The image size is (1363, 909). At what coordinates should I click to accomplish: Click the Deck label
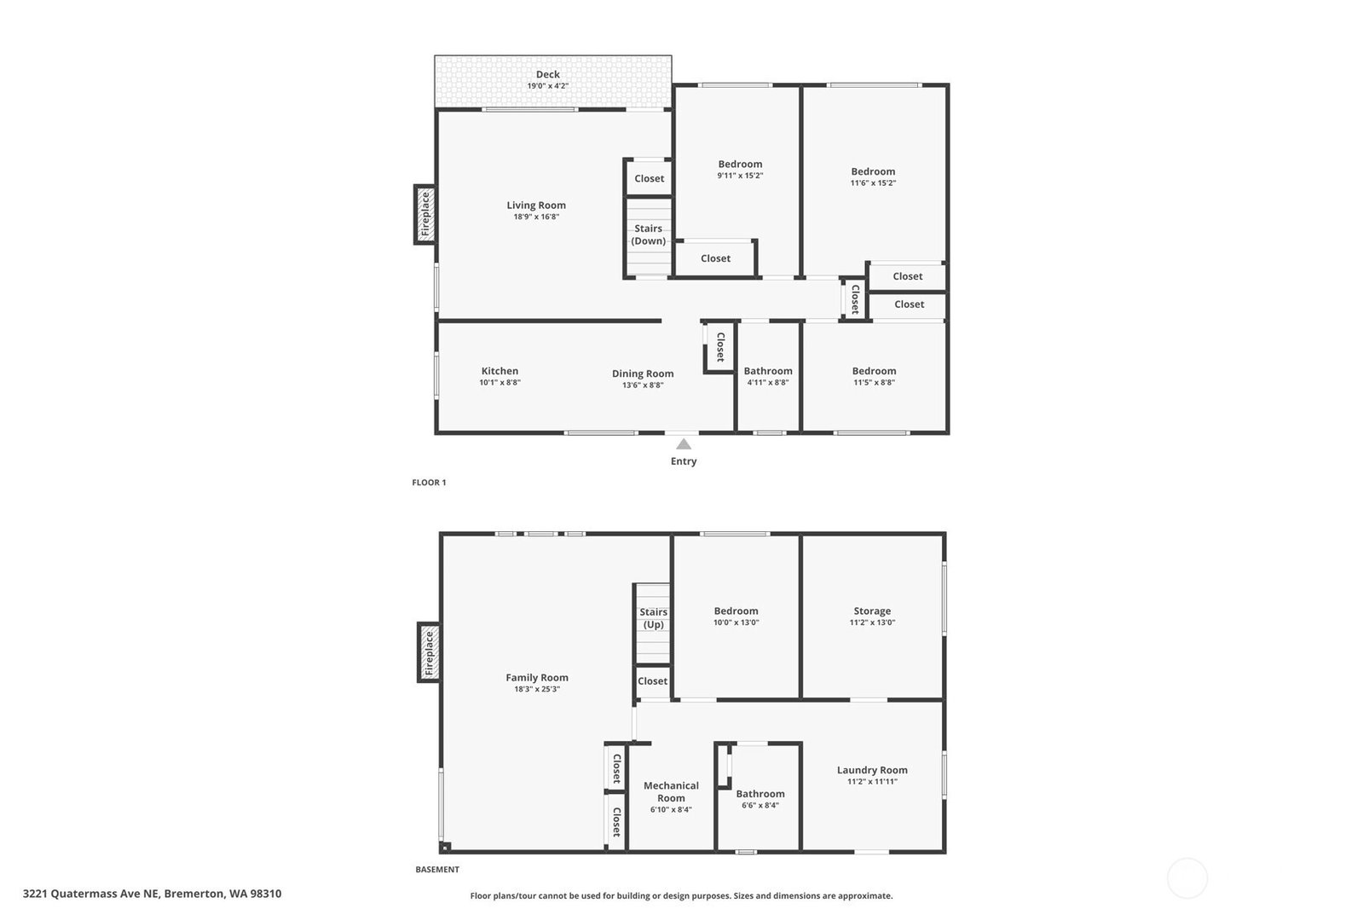click(x=547, y=74)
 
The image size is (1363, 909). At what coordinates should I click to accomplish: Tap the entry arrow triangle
click(x=684, y=444)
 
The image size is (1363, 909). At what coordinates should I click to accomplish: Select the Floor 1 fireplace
click(x=425, y=215)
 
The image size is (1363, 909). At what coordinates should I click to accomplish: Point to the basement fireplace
click(x=429, y=652)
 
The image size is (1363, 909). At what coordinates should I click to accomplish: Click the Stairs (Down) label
click(x=648, y=234)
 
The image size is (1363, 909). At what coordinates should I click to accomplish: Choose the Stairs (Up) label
click(x=654, y=618)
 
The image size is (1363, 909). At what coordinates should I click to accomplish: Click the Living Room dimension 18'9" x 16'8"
click(x=536, y=217)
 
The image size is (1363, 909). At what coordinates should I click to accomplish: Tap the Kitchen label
click(x=500, y=371)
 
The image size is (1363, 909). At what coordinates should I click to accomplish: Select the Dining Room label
click(x=643, y=373)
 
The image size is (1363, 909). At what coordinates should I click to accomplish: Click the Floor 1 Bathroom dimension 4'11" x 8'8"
click(x=768, y=382)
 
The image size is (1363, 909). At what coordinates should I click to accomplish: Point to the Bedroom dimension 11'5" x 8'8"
click(x=874, y=382)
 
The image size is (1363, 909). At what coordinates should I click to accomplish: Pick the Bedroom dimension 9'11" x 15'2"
click(x=740, y=176)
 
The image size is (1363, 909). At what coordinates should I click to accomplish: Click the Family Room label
click(x=537, y=677)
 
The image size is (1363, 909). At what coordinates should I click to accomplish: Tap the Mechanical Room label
click(x=671, y=791)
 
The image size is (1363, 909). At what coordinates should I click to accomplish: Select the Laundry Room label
click(x=872, y=769)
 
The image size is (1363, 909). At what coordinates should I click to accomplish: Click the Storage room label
click(x=872, y=611)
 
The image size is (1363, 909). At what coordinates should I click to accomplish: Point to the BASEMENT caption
click(x=437, y=870)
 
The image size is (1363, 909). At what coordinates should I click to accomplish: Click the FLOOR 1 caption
click(x=429, y=482)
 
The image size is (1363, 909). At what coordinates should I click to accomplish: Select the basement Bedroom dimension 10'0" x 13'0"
click(x=736, y=622)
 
